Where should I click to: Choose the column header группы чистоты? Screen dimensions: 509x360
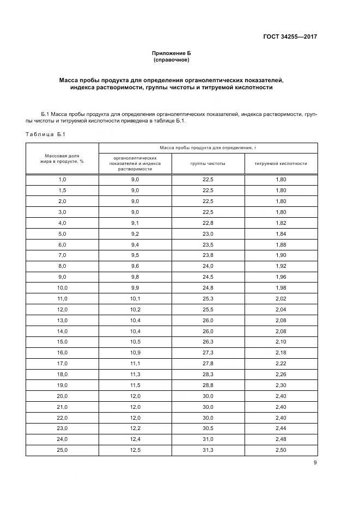click(x=208, y=163)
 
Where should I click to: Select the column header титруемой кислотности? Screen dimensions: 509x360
click(x=280, y=163)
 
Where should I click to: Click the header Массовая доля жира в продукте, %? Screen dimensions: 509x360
click(x=62, y=158)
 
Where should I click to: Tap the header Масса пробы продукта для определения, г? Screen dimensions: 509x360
click(x=208, y=148)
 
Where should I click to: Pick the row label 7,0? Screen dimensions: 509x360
click(x=62, y=255)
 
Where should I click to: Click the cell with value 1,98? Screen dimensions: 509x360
click(x=280, y=287)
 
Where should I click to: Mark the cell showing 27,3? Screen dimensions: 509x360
click(x=208, y=353)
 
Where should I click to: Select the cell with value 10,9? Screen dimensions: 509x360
click(x=135, y=353)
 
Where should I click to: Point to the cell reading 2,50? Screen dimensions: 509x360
click(x=280, y=450)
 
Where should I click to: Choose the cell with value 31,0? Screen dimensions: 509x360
click(x=208, y=439)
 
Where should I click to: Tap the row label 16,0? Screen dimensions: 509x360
click(x=62, y=353)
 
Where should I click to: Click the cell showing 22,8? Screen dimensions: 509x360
click(x=208, y=223)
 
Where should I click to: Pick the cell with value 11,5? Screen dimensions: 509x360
click(x=135, y=385)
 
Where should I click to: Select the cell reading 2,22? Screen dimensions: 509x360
click(x=280, y=364)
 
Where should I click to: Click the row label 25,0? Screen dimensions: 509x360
click(x=62, y=450)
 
